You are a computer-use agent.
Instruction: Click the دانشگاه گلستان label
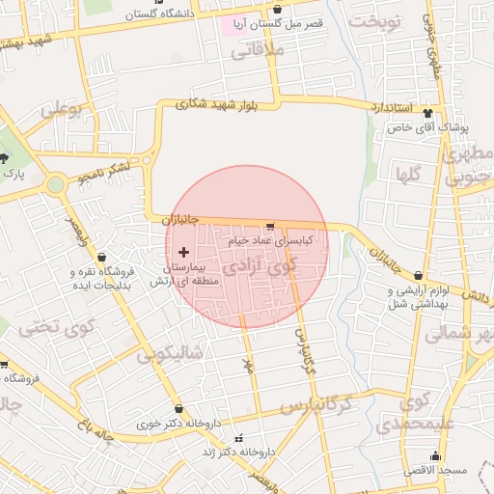point(153,15)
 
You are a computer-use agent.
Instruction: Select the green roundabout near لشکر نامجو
point(56,183)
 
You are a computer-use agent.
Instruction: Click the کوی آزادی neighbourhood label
point(261,264)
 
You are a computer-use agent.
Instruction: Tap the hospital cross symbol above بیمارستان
point(183,252)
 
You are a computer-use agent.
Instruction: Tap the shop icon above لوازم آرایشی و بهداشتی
point(418,275)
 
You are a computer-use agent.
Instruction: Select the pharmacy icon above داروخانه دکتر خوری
point(178,409)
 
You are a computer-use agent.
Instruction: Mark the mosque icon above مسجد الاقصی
point(435,455)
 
